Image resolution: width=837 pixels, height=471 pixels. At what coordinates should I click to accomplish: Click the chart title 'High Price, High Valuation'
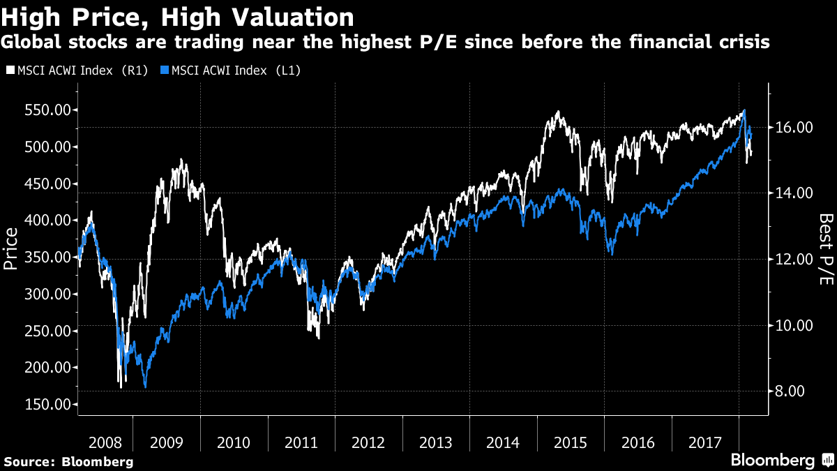tap(177, 16)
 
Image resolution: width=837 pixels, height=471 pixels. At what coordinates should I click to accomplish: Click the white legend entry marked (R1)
tap(77, 70)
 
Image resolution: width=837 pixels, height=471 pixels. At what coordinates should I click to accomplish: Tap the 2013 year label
tap(436, 442)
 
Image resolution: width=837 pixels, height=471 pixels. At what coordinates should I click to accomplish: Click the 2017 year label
tap(705, 442)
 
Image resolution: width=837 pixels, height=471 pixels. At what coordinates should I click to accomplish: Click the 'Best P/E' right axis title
tap(825, 249)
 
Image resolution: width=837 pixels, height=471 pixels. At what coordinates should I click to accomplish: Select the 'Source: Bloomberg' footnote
tap(68, 461)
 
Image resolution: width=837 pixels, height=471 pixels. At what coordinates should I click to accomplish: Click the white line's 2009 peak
tap(181, 160)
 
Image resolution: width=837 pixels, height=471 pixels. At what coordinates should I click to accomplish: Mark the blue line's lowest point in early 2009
tap(145, 386)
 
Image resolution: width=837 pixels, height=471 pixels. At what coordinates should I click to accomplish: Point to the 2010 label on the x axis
tap(234, 442)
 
